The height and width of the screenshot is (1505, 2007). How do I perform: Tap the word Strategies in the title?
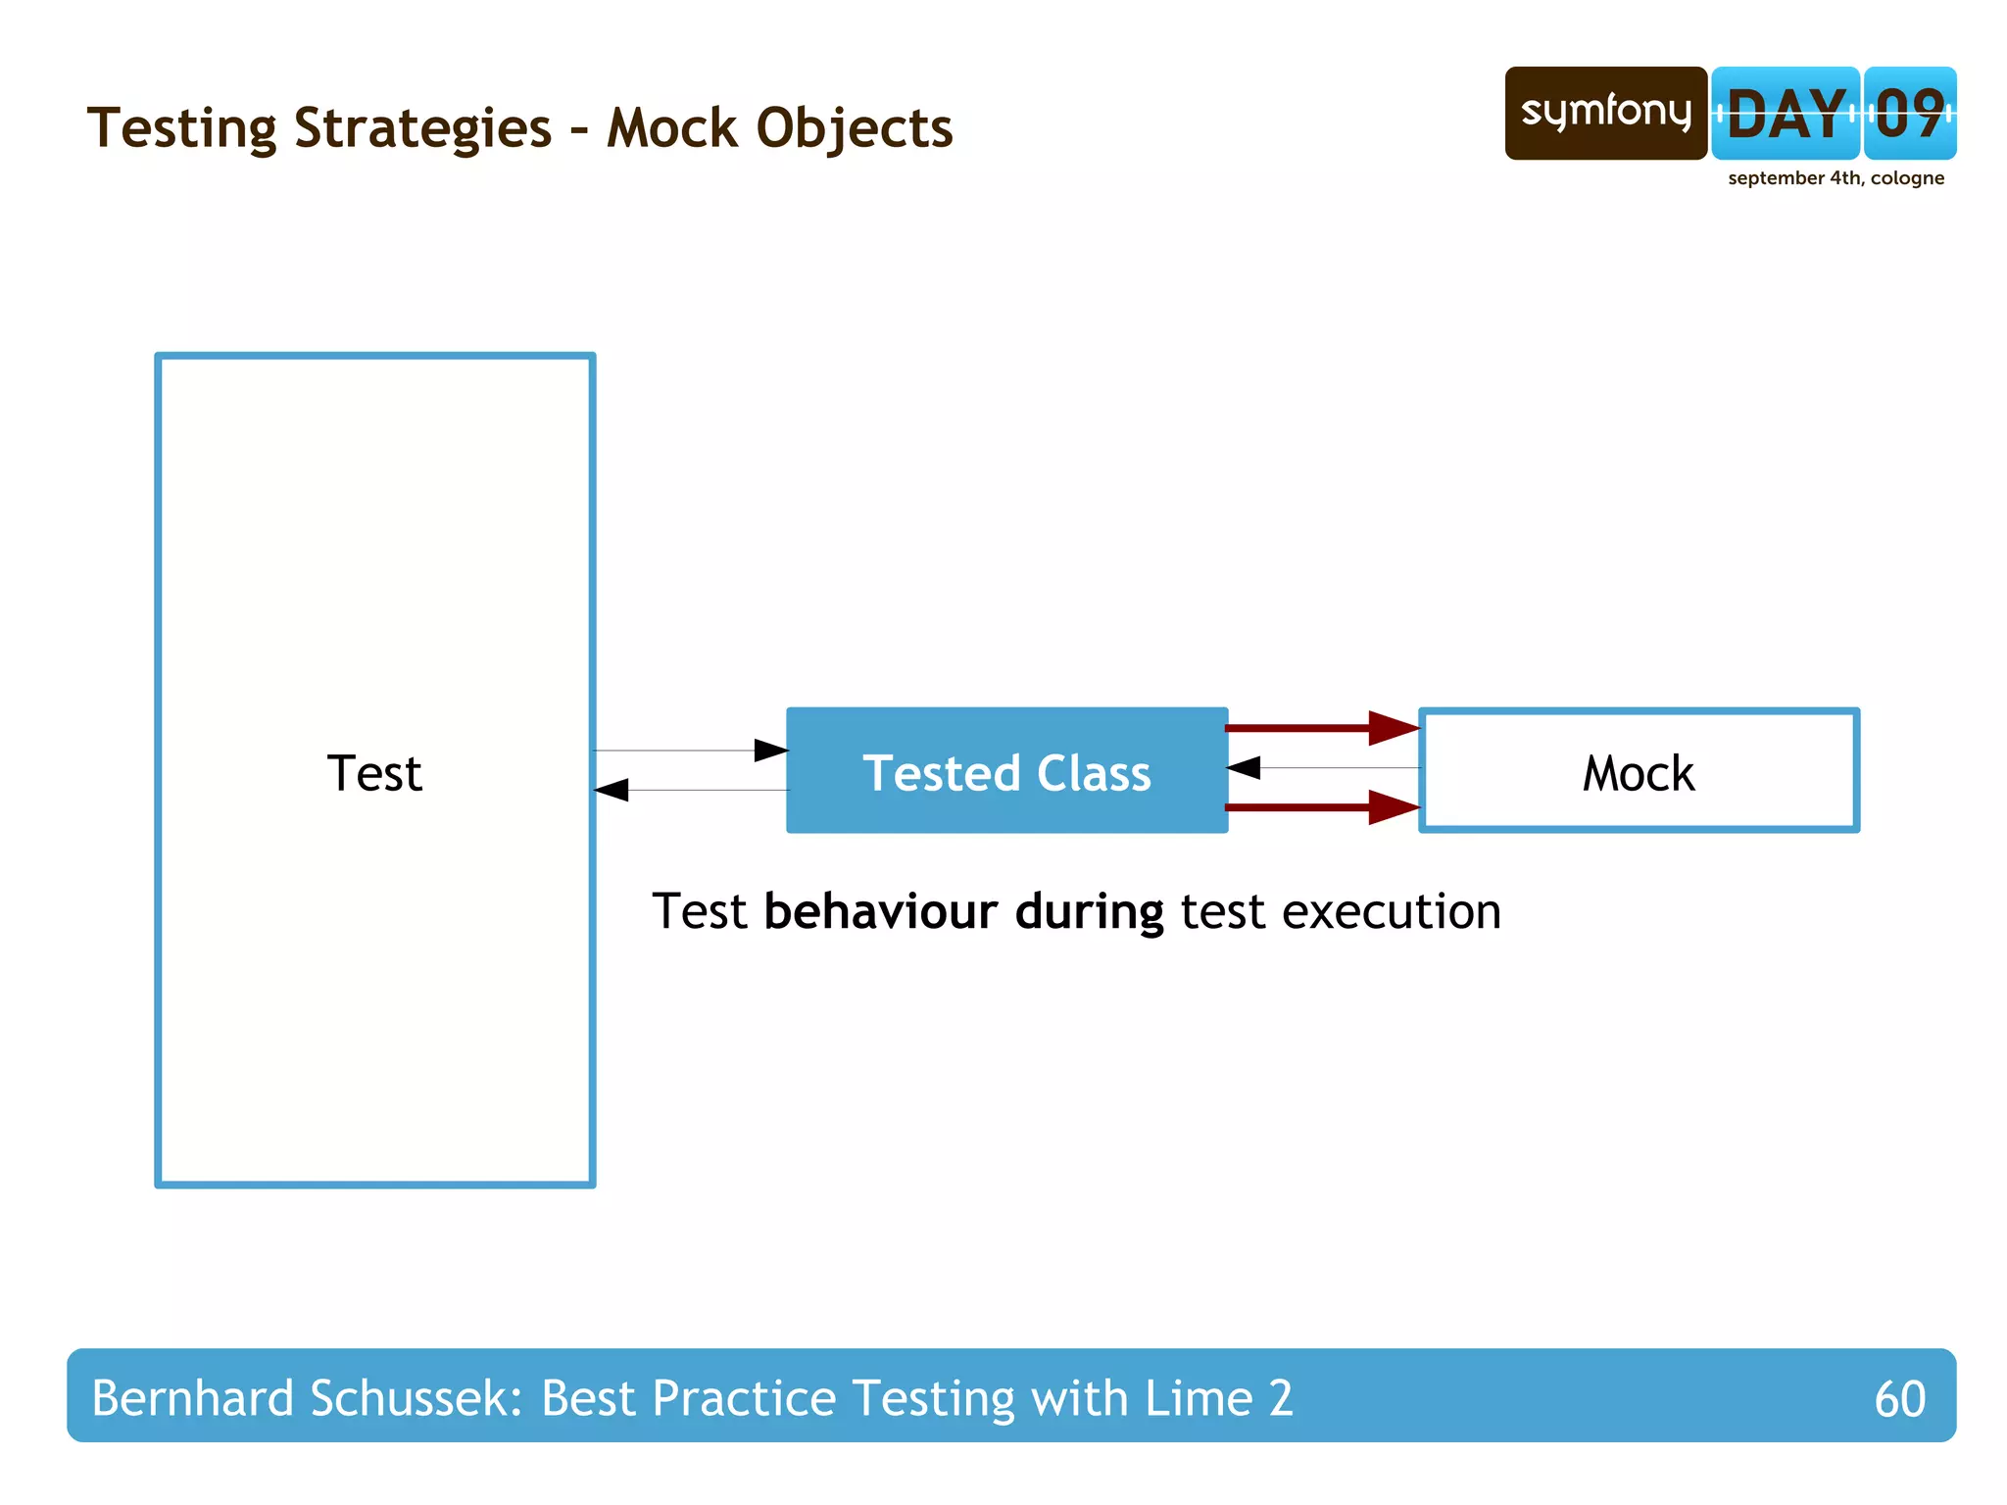tap(422, 129)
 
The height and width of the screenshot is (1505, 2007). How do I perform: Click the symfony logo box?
tap(1605, 113)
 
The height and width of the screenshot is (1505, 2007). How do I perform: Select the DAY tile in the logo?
tap(1785, 114)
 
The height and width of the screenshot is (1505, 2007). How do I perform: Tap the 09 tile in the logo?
tap(1909, 114)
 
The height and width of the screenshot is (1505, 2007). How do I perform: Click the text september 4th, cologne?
tap(1836, 178)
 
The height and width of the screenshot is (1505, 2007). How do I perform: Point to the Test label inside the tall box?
tap(374, 773)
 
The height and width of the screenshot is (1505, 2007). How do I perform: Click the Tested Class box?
tap(1006, 771)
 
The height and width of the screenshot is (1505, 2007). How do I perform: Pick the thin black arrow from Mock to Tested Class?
tap(1323, 768)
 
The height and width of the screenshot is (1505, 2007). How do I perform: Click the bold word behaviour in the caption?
tap(880, 912)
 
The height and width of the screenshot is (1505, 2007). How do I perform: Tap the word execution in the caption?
tap(1392, 912)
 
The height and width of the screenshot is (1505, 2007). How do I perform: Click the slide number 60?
tap(1899, 1398)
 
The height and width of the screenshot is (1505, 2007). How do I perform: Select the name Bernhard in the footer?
tap(192, 1398)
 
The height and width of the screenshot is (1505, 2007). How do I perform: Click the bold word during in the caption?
tap(1089, 912)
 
